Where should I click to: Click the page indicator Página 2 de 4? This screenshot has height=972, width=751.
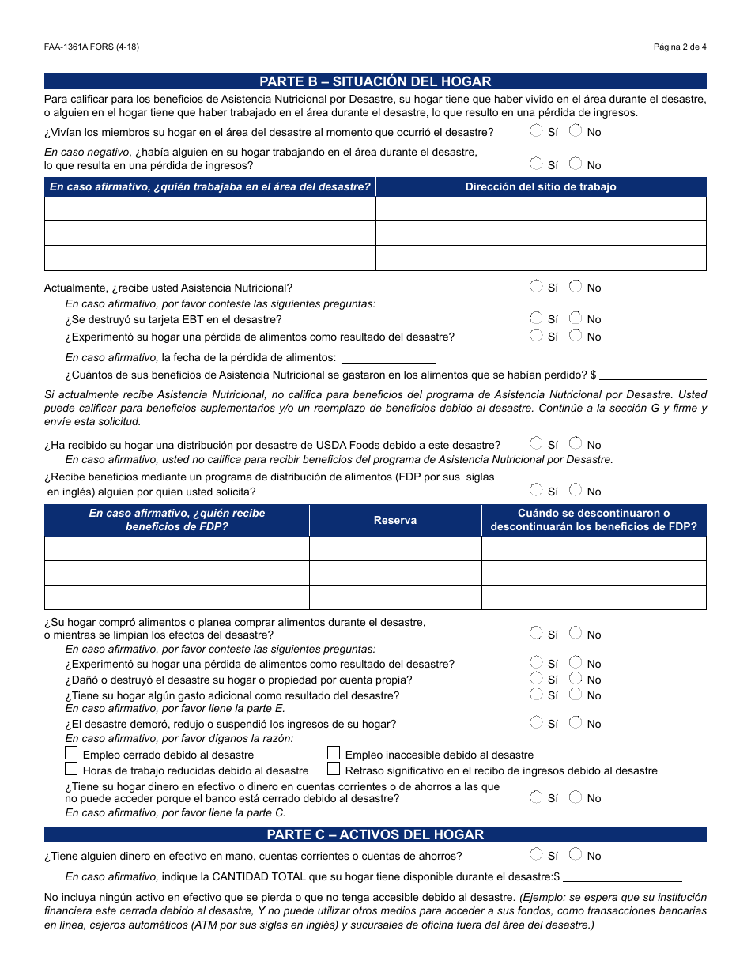679,47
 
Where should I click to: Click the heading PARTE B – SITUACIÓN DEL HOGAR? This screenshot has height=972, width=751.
375,81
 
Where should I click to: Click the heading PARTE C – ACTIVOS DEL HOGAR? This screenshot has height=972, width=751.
375,834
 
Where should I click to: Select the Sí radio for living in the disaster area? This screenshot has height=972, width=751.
537,131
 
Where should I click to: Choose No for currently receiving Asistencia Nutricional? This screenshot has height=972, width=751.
576,287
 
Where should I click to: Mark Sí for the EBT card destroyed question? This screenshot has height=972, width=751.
537,318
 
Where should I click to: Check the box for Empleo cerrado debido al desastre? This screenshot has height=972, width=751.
72,754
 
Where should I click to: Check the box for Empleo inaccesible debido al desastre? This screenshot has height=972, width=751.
334,754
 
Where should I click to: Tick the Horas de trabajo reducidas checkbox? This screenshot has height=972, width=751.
72,769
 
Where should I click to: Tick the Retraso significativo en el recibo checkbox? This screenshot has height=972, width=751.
334,769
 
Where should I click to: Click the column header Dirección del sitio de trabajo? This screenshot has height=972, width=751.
541,187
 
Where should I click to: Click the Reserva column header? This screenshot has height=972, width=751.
395,521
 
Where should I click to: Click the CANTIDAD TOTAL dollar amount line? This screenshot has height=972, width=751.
622,876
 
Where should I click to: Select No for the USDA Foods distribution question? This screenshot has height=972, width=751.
576,444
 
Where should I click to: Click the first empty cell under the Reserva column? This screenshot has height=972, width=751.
395,548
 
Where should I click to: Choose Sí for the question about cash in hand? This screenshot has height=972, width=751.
537,855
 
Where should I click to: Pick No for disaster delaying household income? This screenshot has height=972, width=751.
576,723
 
